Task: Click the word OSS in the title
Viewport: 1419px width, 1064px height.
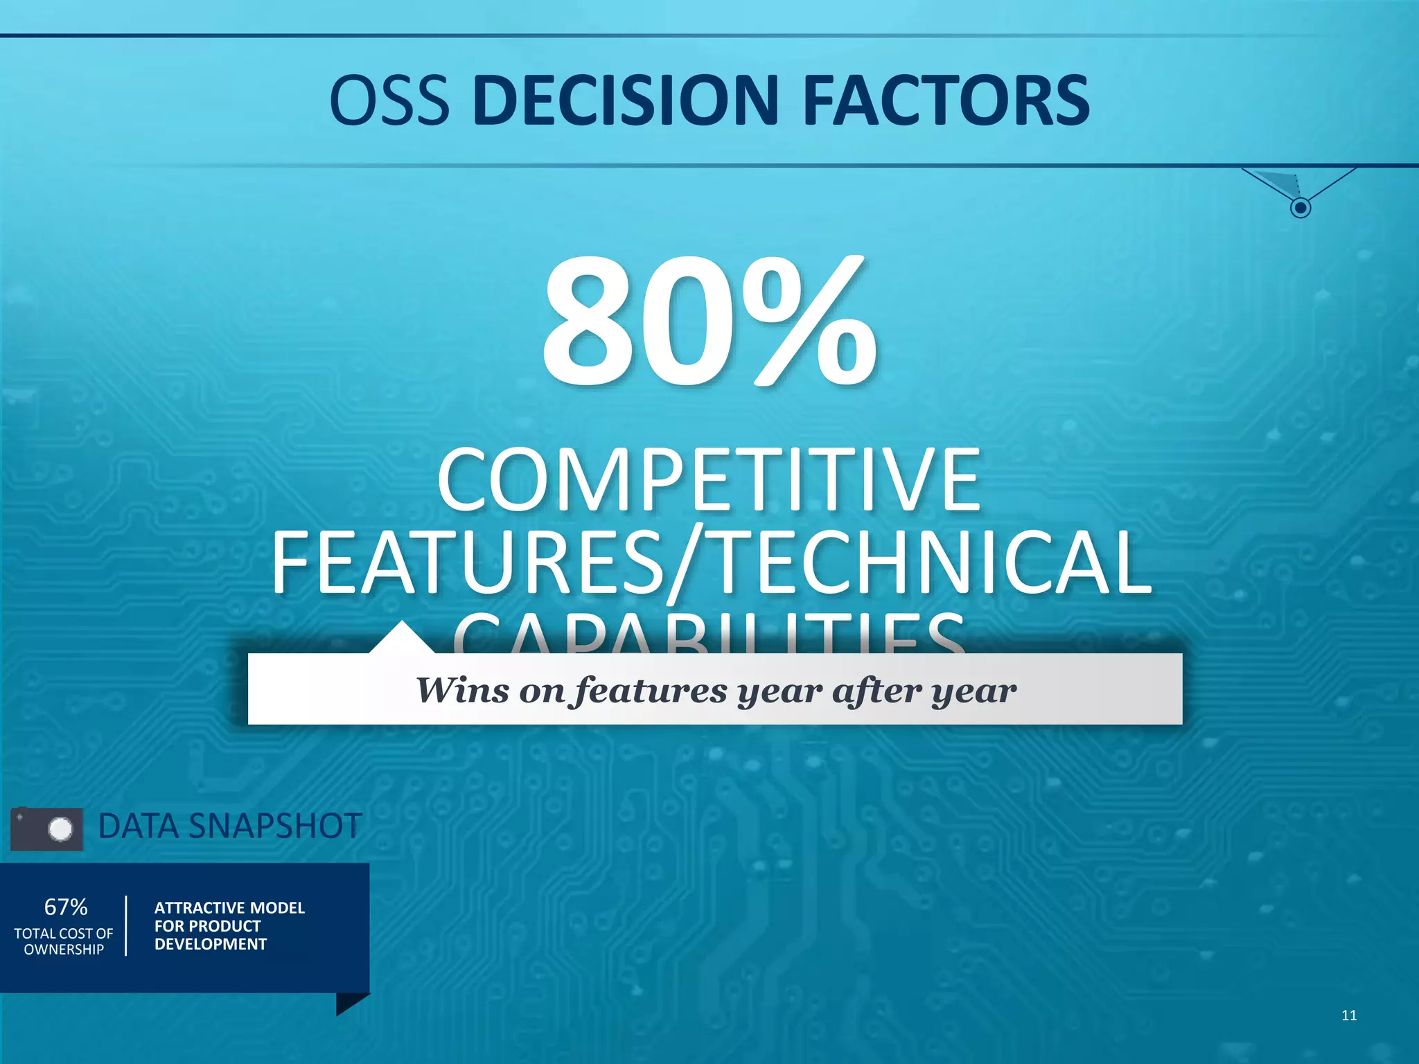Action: click(389, 101)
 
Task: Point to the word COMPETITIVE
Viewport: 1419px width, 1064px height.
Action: click(709, 480)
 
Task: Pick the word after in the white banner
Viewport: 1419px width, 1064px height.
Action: click(876, 690)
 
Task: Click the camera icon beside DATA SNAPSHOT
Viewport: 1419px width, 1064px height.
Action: click(47, 829)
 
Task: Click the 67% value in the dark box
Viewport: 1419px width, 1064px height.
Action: click(66, 907)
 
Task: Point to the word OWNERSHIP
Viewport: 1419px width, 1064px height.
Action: click(64, 950)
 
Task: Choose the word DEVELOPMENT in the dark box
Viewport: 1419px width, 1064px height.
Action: click(211, 944)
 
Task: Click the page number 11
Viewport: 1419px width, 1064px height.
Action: click(1349, 1016)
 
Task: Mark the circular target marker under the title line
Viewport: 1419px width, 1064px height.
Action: click(1301, 207)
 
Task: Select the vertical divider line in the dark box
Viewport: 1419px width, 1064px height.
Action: click(126, 926)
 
